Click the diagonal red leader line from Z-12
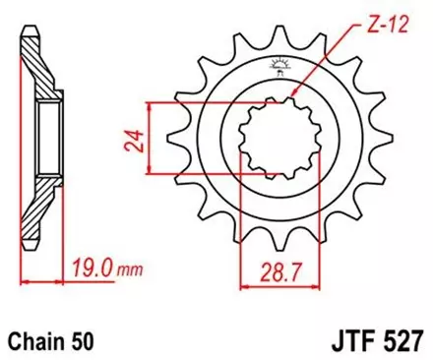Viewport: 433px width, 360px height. [330, 59]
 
